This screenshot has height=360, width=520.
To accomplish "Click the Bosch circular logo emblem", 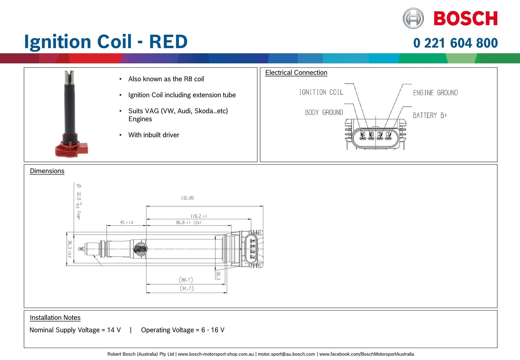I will pos(413,18).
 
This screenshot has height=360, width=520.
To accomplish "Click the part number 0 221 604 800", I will pos(455,43).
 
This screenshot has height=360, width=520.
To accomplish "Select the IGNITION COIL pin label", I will pos(321,92).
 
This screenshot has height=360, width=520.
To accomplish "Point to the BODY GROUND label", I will pos(324,113).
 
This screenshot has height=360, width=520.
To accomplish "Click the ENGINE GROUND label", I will pos(435,93).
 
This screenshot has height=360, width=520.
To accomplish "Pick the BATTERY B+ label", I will pos(430,115).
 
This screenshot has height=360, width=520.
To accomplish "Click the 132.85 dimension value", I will pos(187,198).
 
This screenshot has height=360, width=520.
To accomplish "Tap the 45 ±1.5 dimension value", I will pos(126,223).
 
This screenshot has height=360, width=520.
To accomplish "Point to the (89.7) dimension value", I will pos(186,280).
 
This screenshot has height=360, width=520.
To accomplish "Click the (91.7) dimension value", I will pos(186,288).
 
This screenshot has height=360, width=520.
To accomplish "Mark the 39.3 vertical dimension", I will pos(218,276).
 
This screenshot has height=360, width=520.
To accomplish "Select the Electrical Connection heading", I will pos(296,73).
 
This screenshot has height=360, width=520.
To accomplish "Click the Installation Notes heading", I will pos(55,318).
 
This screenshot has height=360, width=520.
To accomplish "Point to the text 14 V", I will pos(114,330).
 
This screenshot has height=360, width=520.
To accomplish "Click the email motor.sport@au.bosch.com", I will pos(286,354).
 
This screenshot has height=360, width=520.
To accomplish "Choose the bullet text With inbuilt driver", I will pos(153,135).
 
